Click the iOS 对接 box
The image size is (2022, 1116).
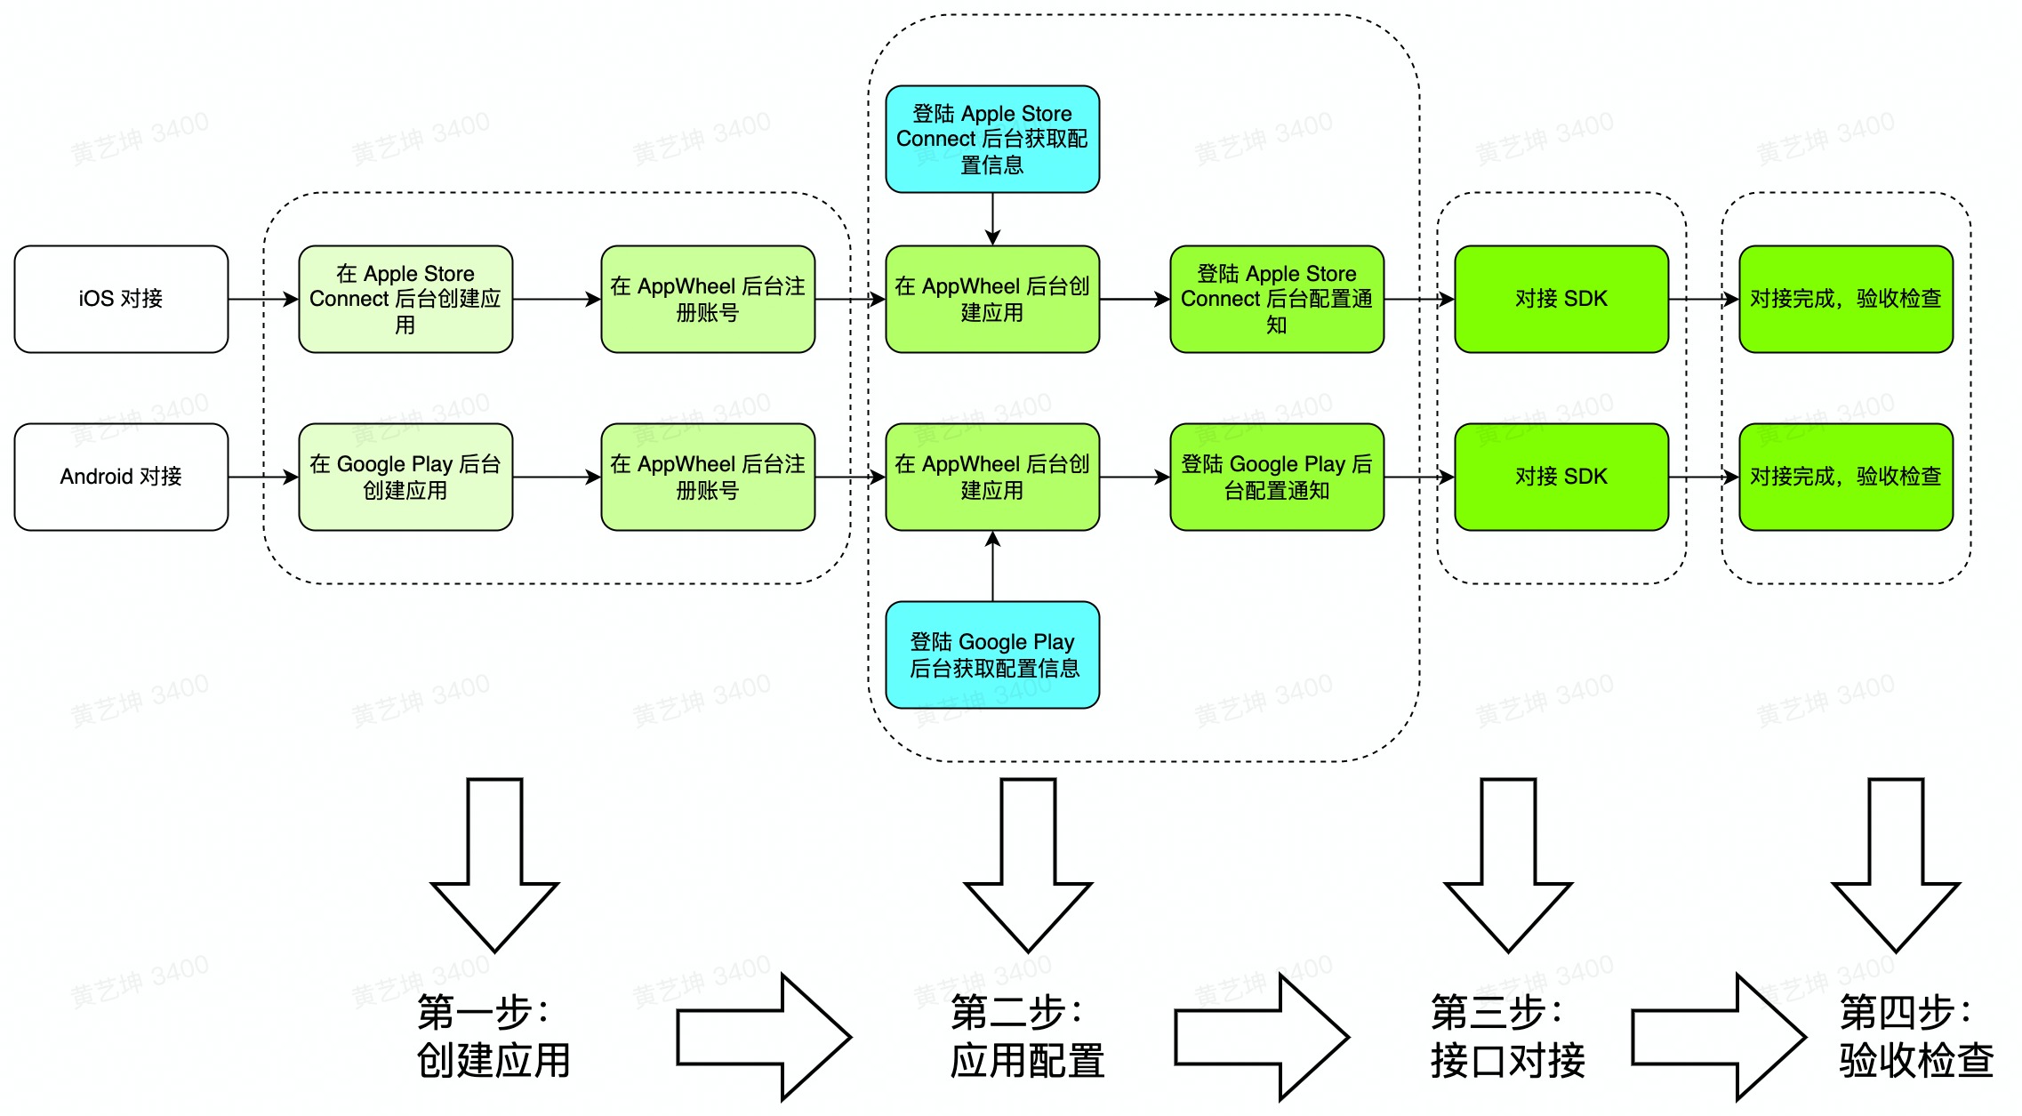[x=121, y=299]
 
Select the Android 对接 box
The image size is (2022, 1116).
[x=121, y=477]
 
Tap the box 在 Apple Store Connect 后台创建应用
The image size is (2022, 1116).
[x=405, y=299]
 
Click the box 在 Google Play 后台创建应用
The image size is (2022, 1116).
[x=405, y=477]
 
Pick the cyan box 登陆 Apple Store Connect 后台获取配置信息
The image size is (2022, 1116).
[x=992, y=139]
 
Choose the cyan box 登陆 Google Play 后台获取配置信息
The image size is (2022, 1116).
[x=992, y=654]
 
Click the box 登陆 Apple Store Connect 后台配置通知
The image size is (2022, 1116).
[x=1277, y=299]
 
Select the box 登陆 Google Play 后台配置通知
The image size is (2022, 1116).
[x=1277, y=477]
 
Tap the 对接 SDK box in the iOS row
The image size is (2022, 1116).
[x=1561, y=299]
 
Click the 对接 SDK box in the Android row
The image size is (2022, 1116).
[x=1561, y=477]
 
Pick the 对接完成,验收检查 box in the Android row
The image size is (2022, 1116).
[x=1846, y=477]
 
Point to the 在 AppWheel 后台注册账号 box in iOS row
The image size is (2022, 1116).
[x=708, y=299]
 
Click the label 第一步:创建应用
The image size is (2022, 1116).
[x=493, y=1036]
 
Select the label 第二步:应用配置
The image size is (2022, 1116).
[x=1027, y=1036]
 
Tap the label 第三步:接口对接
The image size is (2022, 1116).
[x=1507, y=1036]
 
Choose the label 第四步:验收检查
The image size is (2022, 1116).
[x=1916, y=1036]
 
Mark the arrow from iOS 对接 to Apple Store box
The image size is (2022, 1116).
[x=263, y=300]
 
